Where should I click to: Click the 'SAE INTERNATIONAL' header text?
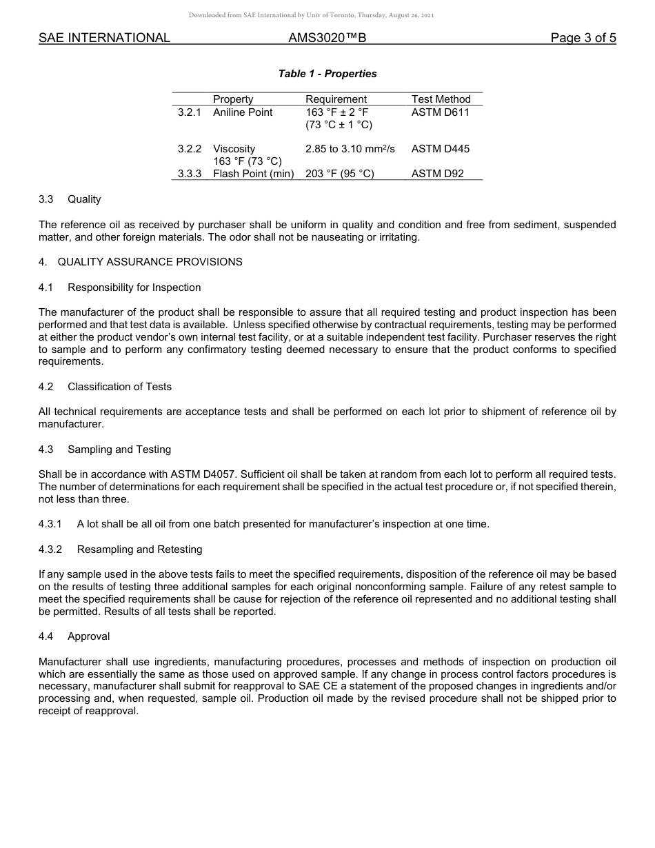(x=104, y=39)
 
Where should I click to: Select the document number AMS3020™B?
(x=327, y=39)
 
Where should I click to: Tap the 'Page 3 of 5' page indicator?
(x=583, y=39)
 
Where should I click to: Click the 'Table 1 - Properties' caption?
(x=327, y=74)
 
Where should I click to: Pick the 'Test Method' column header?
(x=441, y=99)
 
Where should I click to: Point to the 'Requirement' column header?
(x=336, y=99)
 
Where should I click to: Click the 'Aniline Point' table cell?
(x=243, y=112)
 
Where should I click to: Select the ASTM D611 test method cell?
(x=440, y=112)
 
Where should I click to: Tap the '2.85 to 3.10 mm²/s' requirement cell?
(x=350, y=149)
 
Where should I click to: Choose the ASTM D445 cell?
(x=440, y=149)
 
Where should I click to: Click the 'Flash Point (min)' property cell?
(x=253, y=174)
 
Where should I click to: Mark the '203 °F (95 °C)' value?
(x=339, y=174)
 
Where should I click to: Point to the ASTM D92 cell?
(x=437, y=174)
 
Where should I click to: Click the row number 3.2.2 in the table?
(x=189, y=149)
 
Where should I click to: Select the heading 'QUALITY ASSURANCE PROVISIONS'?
(x=150, y=262)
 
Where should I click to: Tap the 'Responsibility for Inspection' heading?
(x=134, y=287)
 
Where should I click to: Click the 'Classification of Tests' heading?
(x=129, y=387)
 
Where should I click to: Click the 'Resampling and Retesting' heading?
(x=139, y=549)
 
